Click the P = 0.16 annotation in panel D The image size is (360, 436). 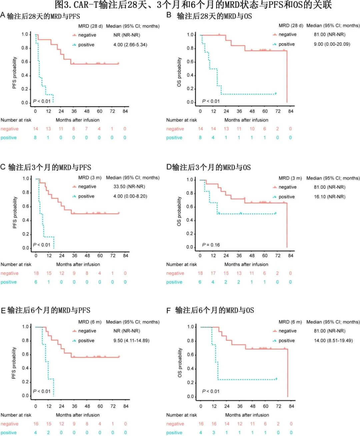point(211,245)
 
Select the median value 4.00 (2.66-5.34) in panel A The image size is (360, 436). point(130,45)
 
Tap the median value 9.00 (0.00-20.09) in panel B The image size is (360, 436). point(332,44)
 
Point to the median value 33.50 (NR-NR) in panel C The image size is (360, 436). point(129,187)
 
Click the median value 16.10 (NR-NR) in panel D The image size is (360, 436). point(329,197)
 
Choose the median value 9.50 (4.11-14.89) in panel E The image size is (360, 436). point(131,341)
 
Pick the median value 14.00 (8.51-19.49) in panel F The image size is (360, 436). point(333,341)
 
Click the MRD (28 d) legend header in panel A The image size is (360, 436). point(90,26)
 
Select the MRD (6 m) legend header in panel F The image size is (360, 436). point(290,322)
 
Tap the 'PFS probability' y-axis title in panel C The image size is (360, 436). point(15,213)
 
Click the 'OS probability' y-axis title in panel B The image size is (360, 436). point(179,72)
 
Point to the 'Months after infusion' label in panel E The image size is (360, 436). point(78,415)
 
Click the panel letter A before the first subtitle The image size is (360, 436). point(3,15)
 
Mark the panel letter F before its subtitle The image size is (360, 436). point(169,311)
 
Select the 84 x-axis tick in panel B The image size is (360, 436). point(291,111)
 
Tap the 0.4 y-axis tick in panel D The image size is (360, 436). point(190,220)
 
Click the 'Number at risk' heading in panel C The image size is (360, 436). point(16,264)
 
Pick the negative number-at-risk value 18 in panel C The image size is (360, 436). point(36,273)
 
